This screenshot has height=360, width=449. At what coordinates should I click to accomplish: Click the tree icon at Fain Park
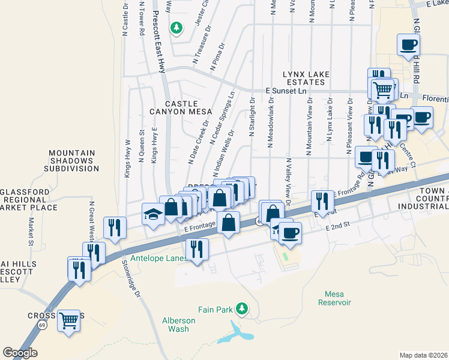[242, 308]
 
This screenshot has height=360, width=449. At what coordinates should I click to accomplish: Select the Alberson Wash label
[178, 325]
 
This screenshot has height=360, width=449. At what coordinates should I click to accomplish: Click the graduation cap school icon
[153, 213]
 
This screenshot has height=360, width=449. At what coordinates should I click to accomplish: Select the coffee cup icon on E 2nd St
[290, 232]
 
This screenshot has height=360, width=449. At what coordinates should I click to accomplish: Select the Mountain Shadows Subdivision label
[71, 161]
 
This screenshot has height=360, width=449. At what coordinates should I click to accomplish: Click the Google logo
[20, 352]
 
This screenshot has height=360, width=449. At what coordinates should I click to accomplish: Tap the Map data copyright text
[423, 355]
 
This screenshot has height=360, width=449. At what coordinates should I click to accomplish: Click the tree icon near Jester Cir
[176, 27]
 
